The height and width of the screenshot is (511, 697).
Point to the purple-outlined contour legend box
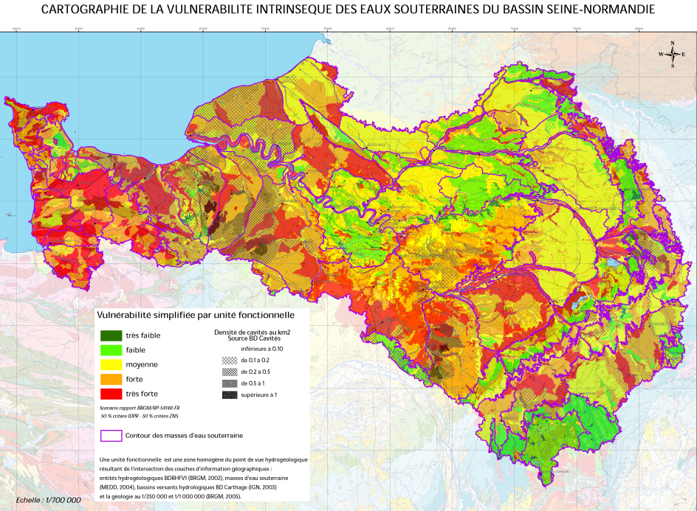click(x=111, y=435)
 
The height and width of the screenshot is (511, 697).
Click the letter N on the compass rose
click(x=673, y=44)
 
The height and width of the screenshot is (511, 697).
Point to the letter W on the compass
click(x=662, y=55)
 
